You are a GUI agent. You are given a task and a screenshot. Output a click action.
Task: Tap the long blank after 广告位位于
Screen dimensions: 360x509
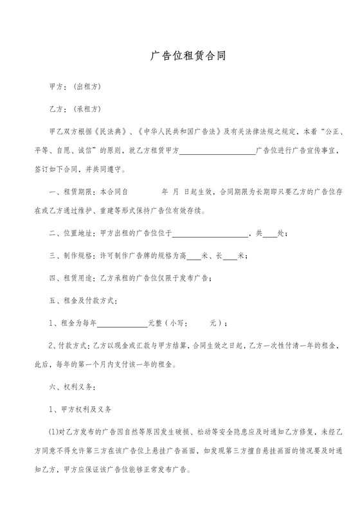point(210,234)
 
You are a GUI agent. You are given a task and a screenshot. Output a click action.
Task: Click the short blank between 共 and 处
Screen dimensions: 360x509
point(270,234)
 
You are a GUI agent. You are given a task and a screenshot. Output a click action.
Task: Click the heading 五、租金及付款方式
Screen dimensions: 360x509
point(83,300)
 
